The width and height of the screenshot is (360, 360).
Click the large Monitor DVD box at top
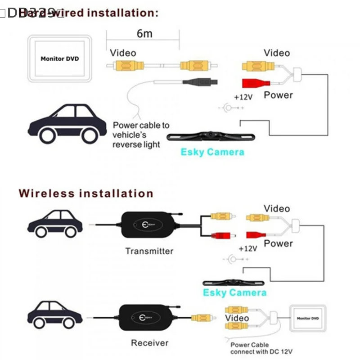60,58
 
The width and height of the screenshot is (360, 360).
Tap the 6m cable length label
144,34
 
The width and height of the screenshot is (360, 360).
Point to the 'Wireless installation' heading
86,193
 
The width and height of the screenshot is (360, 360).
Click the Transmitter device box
149,225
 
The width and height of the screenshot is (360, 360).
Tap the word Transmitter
149,251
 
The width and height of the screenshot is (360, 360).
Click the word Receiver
149,343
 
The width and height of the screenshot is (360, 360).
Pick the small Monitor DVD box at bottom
308,319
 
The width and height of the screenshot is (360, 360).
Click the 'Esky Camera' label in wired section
212,152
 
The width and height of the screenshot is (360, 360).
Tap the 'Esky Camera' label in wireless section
234,292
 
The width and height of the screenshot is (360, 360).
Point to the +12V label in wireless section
247,248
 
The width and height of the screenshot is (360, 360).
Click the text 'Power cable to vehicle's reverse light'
140,135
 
